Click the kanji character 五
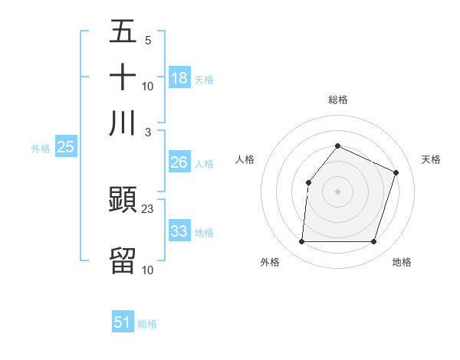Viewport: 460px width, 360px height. [123, 31]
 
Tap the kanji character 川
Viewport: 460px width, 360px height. [123, 123]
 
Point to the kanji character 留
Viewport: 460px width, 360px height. [123, 260]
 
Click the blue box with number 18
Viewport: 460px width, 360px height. [179, 77]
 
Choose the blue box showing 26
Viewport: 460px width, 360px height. [179, 162]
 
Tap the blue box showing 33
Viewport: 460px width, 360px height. [179, 231]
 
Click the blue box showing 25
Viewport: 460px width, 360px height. [65, 148]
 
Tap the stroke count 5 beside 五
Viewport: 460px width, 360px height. [148, 40]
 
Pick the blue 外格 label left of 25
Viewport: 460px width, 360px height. [40, 149]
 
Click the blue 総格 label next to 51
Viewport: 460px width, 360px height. [147, 324]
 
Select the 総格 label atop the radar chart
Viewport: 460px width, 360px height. [337, 100]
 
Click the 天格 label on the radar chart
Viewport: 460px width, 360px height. [431, 159]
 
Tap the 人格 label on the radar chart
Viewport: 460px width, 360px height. [245, 159]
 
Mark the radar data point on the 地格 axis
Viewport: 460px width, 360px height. [373, 242]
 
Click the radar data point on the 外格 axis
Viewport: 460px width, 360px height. [301, 242]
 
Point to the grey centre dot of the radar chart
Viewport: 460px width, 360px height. [337, 191]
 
